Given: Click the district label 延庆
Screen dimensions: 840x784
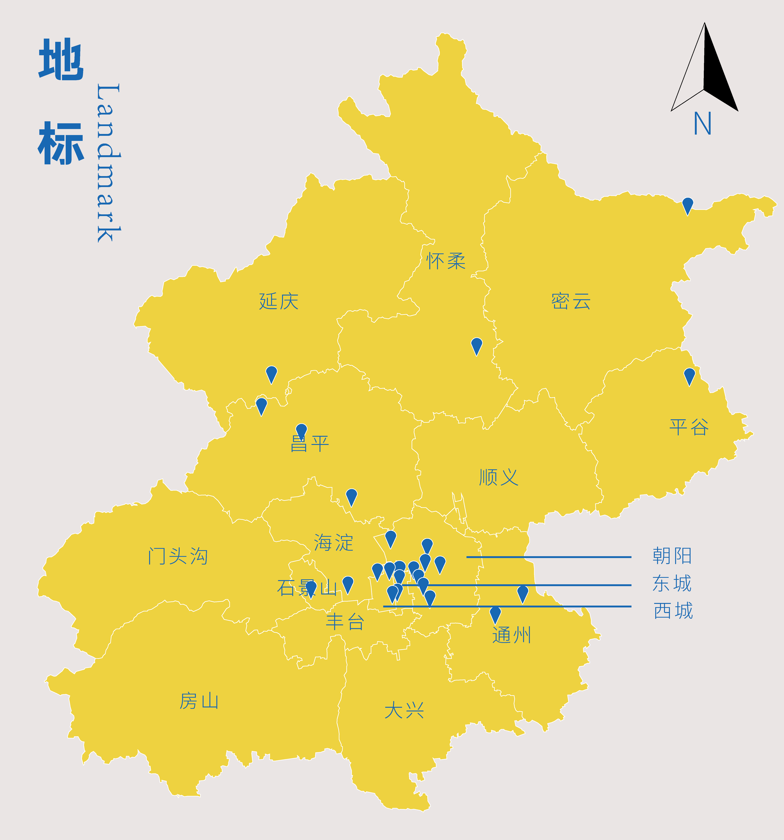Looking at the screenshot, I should point(279,301).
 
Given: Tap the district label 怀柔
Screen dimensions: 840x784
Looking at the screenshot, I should point(446,261).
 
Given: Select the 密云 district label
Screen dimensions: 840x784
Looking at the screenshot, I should point(571,301).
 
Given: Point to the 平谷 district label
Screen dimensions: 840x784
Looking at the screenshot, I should point(689,427).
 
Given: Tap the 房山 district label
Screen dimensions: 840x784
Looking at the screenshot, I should point(199,701).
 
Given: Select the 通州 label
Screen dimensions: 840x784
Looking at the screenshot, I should point(511,635).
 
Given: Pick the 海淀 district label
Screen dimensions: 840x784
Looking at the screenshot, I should point(333,542).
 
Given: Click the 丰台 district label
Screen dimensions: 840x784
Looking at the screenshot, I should point(345,622).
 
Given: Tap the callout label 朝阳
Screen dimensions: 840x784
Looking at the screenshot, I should point(672,556).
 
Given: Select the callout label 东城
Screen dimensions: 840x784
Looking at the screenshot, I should point(672,584).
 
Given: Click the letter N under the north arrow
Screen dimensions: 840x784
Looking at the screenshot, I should point(703,123).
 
